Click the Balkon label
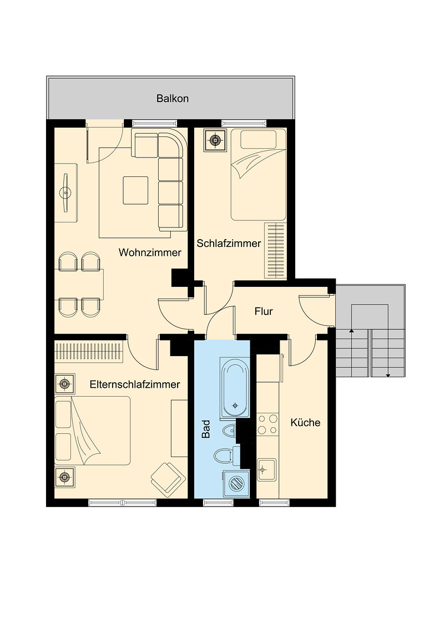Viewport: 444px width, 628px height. (172, 99)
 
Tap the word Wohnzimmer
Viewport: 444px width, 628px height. (150, 253)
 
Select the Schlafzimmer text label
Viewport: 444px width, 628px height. (229, 243)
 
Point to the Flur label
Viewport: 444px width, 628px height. (264, 311)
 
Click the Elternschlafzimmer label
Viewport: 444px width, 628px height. (135, 384)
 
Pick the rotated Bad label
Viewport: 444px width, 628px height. (206, 429)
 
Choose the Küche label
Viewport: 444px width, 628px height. (305, 423)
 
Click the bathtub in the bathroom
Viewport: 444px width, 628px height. (235, 388)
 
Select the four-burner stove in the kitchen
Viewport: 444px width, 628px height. (268, 424)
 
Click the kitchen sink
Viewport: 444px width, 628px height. (266, 469)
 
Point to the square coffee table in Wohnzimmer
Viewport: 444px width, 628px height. (135, 190)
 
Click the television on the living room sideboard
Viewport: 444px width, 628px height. (65, 193)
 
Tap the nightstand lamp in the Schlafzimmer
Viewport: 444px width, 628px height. (215, 140)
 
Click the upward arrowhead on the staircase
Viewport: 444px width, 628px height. (351, 331)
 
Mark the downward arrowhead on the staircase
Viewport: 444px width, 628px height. (388, 375)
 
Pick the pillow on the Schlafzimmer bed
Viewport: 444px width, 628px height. (259, 139)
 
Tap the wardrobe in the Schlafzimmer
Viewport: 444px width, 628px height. (275, 250)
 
